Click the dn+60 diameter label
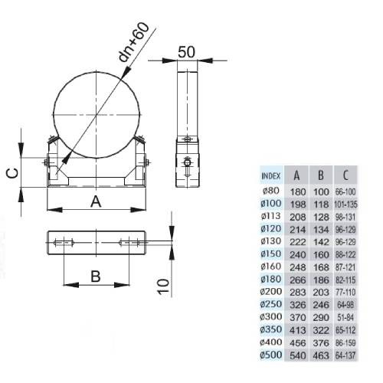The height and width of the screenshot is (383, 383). pyautogui.click(x=134, y=43)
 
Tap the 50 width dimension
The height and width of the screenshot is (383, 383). pyautogui.click(x=187, y=52)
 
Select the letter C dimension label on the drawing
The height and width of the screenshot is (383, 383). pyautogui.click(x=12, y=173)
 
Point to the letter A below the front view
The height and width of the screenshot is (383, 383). pyautogui.click(x=96, y=201)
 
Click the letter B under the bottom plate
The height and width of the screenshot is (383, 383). pyautogui.click(x=96, y=277)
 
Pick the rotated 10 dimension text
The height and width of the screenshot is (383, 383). pyautogui.click(x=163, y=286)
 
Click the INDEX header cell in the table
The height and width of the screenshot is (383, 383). pyautogui.click(x=271, y=175)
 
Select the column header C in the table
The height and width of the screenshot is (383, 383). pyautogui.click(x=345, y=175)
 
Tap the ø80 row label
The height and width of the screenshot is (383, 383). pyautogui.click(x=271, y=191)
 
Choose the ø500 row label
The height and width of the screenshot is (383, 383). pyautogui.click(x=271, y=355)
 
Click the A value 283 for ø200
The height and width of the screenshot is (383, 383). pyautogui.click(x=298, y=293)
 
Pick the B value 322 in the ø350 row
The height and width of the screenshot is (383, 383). pyautogui.click(x=321, y=330)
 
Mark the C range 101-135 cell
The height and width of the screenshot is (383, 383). pyautogui.click(x=345, y=205)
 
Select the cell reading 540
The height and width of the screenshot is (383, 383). pyautogui.click(x=298, y=355)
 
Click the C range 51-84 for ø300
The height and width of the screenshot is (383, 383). pyautogui.click(x=345, y=318)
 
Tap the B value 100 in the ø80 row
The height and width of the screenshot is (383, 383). pyautogui.click(x=321, y=191)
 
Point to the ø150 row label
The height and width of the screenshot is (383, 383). pyautogui.click(x=271, y=254)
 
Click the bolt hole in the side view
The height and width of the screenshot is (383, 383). pyautogui.click(x=187, y=162)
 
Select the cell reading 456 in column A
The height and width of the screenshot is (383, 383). pyautogui.click(x=298, y=342)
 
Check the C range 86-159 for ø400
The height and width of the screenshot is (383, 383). pyautogui.click(x=345, y=342)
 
